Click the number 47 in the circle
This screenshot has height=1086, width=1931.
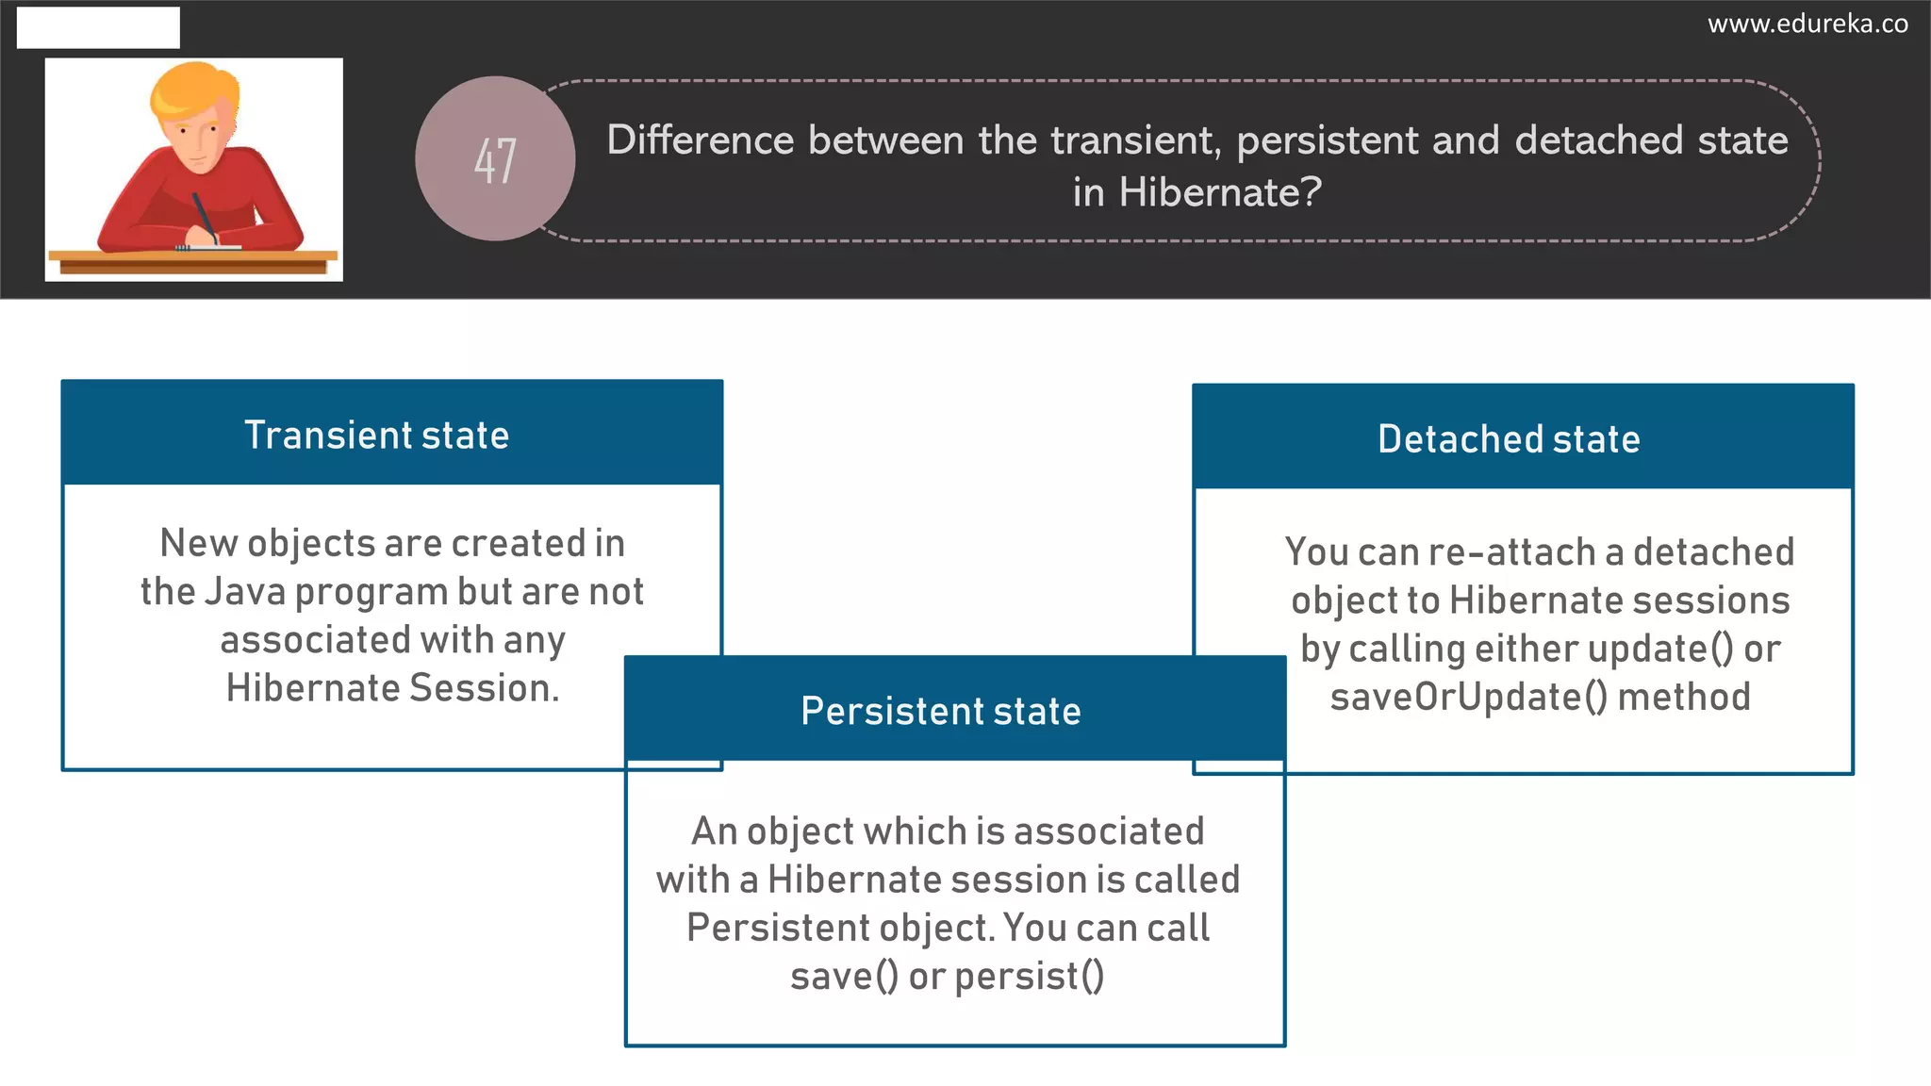tap(495, 159)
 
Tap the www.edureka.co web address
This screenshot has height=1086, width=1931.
tap(1807, 24)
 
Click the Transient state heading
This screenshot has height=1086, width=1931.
tap(377, 436)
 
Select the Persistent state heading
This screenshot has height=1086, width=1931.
tap(940, 711)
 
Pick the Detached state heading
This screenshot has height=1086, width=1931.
tap(1509, 439)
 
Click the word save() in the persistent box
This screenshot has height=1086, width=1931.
tap(844, 977)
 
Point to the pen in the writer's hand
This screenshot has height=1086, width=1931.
tap(204, 217)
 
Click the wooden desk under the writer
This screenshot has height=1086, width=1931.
tap(192, 261)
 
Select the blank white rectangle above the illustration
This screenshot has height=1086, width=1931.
tap(98, 27)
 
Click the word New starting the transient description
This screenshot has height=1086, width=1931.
tap(198, 543)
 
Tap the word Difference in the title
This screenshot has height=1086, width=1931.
tap(700, 140)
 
